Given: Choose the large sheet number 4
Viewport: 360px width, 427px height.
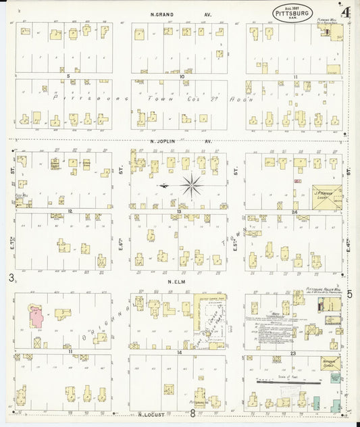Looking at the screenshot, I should [x=345, y=11].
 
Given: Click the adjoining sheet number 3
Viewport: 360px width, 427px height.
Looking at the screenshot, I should [x=11, y=278].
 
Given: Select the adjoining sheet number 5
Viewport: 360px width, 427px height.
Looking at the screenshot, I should [x=349, y=294].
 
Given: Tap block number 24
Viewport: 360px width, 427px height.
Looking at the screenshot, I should [x=295, y=211].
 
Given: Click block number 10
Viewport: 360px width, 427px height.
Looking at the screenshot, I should [x=182, y=76].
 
